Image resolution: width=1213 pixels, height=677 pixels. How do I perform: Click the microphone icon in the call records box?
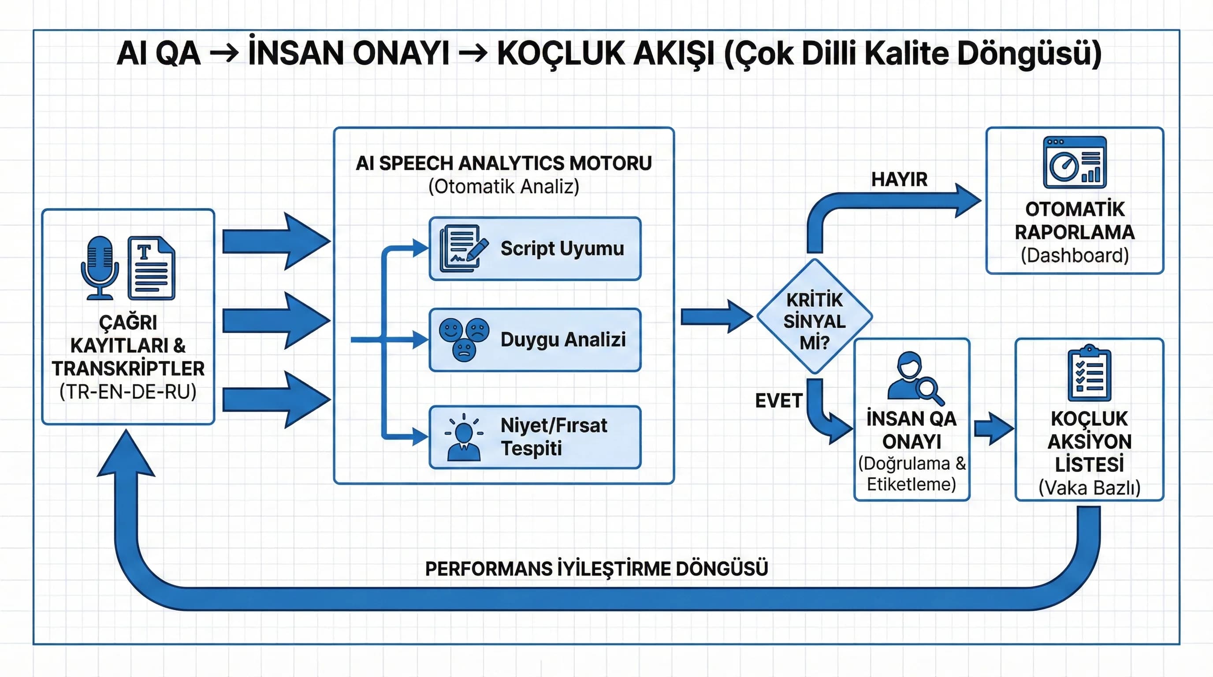point(99,268)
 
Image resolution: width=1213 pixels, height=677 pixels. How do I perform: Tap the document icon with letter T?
point(152,268)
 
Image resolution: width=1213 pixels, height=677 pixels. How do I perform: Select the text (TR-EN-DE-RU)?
point(128,392)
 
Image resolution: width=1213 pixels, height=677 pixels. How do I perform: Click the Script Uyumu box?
point(535,249)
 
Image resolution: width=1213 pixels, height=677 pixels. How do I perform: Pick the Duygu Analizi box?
point(535,339)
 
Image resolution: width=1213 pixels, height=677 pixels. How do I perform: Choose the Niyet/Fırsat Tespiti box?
point(535,437)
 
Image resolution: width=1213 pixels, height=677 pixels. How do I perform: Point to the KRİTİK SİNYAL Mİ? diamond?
point(814,316)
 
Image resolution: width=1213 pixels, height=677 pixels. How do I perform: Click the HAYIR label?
point(899,179)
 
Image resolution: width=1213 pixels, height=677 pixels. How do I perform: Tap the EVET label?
point(778,401)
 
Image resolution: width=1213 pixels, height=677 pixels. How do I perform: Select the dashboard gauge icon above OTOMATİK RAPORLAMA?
point(1075,163)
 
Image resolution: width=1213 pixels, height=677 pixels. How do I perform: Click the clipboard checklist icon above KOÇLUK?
point(1089,373)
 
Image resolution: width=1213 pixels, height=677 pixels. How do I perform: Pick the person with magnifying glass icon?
point(914,378)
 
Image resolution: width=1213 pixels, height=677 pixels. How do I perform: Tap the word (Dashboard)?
point(1075,256)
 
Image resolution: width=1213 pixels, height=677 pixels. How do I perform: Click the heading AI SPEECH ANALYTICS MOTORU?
point(503,164)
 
